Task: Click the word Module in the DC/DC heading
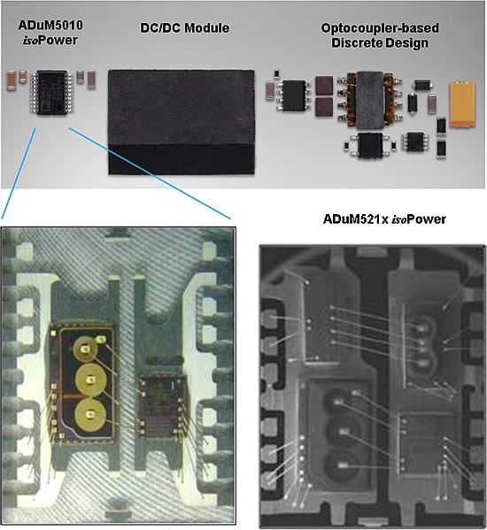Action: click(206, 27)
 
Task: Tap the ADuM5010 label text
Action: click(50, 25)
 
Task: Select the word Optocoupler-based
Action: click(380, 28)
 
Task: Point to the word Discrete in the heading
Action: click(357, 43)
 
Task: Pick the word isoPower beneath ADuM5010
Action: click(50, 40)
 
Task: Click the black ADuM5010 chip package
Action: click(51, 92)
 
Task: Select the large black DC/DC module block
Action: click(182, 122)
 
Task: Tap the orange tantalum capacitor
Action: click(462, 105)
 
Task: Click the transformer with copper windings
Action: click(370, 100)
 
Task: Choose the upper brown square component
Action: click(324, 85)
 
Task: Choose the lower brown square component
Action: click(324, 107)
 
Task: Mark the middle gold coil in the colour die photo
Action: click(90, 380)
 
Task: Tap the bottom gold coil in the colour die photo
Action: click(89, 414)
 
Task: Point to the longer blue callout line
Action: click(150, 173)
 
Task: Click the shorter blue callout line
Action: click(19, 173)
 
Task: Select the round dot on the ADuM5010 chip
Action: click(60, 107)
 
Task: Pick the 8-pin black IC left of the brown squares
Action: click(294, 96)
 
